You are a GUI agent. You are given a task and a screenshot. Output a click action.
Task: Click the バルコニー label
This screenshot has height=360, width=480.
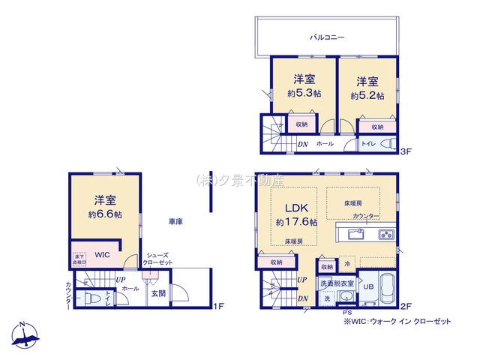point(327,36)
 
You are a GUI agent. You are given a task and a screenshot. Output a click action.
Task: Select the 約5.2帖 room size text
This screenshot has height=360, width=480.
point(367,96)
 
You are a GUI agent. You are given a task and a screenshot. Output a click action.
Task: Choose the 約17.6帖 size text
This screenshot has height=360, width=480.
point(296,223)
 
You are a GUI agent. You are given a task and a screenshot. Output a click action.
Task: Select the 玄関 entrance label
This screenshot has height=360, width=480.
point(158,293)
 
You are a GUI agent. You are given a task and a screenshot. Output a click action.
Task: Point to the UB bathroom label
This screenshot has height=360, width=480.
point(368,286)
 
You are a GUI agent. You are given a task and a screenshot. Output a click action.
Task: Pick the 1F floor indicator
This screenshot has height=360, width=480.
point(218,305)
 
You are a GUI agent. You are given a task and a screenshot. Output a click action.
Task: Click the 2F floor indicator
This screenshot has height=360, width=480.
point(406,305)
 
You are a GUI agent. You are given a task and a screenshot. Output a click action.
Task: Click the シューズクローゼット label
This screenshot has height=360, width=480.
point(160,258)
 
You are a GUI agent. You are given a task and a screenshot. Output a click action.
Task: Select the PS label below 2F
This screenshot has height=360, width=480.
point(346,313)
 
